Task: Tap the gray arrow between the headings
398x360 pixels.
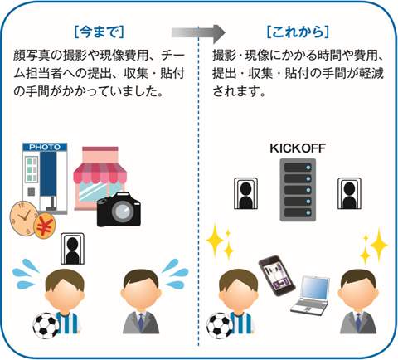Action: (x=198, y=33)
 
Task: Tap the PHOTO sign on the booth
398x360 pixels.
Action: (x=45, y=147)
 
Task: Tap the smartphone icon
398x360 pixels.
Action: (x=273, y=273)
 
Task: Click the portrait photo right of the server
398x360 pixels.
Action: (x=348, y=192)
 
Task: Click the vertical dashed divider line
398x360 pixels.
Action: (x=199, y=207)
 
